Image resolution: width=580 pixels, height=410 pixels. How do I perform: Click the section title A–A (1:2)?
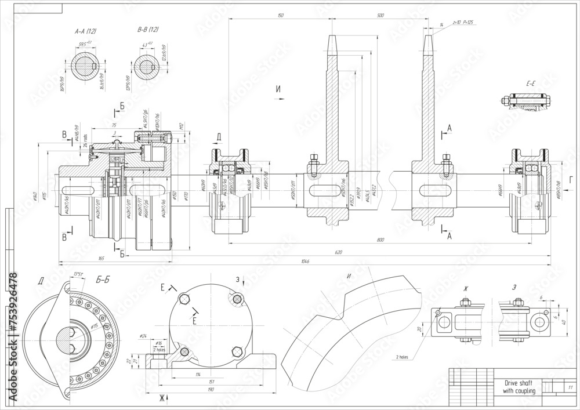[85, 30]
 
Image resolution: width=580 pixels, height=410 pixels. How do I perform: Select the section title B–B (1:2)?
[147, 30]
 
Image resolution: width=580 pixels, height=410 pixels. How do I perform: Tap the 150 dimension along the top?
[281, 16]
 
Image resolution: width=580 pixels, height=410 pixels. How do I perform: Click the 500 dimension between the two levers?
[380, 16]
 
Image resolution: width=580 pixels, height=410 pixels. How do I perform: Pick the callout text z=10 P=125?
[463, 23]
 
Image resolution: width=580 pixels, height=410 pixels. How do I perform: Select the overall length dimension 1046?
[305, 262]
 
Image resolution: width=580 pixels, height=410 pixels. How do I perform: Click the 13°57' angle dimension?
[78, 274]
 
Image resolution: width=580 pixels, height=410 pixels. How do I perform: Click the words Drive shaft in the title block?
[512, 384]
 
